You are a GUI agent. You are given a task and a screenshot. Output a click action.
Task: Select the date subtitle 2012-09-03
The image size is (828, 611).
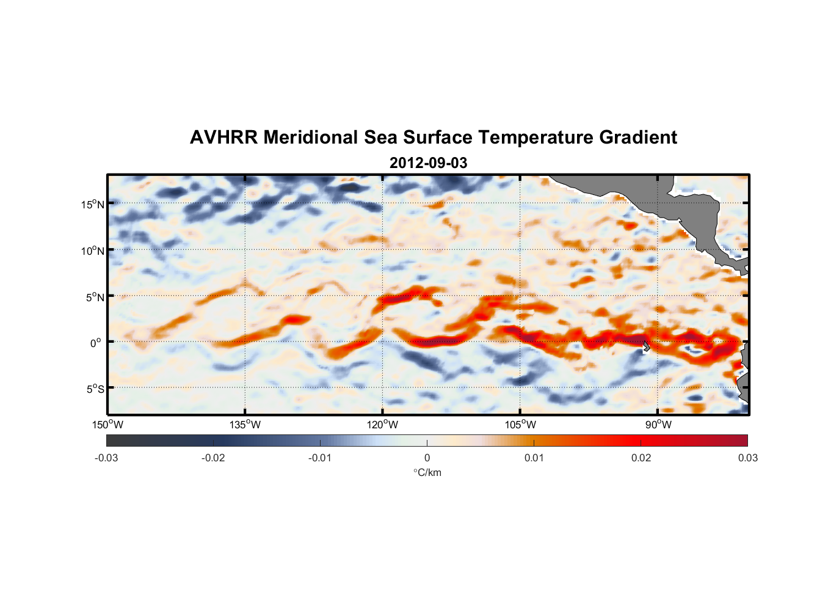tap(428, 163)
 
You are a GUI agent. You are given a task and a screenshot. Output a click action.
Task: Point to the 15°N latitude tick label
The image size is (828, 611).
tap(93, 204)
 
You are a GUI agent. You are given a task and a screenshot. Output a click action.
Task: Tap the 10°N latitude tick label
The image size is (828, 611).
tap(93, 251)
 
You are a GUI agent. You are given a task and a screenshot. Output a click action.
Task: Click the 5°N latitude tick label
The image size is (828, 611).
tap(95, 297)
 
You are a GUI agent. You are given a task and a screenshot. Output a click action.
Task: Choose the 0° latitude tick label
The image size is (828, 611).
tap(96, 343)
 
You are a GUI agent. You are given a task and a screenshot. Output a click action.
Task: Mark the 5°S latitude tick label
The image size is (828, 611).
tap(95, 389)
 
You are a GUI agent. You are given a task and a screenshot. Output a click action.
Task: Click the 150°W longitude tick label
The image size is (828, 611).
tap(107, 425)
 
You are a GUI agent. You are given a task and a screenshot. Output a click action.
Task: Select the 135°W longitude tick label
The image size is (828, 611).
tap(245, 425)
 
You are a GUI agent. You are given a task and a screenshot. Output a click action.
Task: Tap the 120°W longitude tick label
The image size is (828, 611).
tap(382, 425)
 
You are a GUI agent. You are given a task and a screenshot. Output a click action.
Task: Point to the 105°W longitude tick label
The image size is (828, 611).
tap(520, 425)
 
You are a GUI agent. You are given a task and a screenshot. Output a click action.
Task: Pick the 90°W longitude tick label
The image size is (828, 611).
tap(658, 425)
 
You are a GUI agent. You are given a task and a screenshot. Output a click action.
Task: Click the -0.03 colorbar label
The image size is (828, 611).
tap(106, 458)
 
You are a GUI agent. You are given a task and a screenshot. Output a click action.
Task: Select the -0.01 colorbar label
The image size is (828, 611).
tap(320, 458)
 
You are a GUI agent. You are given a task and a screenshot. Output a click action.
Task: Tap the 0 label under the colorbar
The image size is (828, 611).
tap(427, 458)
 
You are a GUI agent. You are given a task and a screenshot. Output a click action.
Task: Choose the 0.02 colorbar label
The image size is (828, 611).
tap(641, 458)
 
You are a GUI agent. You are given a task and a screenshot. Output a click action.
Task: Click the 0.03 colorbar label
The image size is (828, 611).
tap(747, 458)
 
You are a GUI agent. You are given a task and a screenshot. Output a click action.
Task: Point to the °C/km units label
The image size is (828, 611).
tap(427, 472)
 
